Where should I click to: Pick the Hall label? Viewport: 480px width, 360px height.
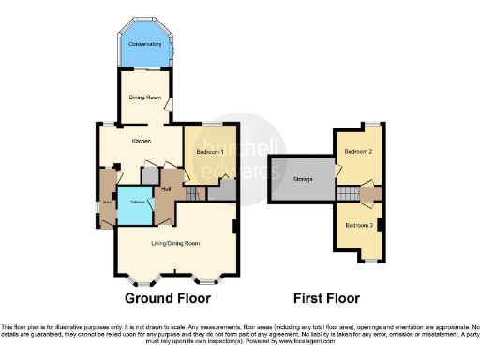pos(165,190)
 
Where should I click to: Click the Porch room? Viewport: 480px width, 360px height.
pos(108,199)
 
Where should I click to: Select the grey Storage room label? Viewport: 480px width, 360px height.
pos(302,177)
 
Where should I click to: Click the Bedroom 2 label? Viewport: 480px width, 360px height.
pos(358,151)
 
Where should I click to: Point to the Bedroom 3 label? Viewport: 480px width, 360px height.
pos(358,226)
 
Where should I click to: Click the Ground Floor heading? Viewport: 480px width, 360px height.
pos(167,298)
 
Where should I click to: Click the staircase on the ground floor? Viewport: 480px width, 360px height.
pos(194,193)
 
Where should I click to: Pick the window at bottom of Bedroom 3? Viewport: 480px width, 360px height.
pos(366,262)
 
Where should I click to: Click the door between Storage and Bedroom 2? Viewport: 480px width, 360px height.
pos(336,176)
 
